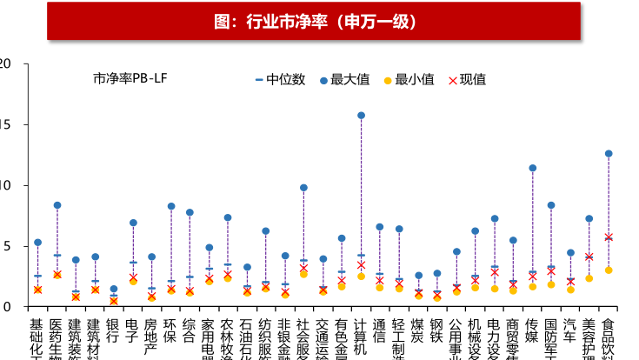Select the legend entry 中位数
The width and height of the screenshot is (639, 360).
tap(280, 79)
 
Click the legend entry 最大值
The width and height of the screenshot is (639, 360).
tap(346, 79)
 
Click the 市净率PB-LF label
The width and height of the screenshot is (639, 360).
tap(130, 79)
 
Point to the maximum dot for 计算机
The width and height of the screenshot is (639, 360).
tap(361, 115)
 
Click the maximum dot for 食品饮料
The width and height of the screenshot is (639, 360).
tap(609, 153)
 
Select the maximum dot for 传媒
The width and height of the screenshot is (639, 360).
tap(532, 168)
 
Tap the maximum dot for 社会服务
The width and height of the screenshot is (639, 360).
tap(303, 187)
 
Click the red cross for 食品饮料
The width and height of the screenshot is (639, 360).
tap(609, 237)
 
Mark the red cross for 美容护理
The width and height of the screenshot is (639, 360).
tap(589, 257)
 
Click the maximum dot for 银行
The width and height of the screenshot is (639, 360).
tap(114, 289)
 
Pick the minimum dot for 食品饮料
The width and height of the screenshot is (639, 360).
tap(609, 270)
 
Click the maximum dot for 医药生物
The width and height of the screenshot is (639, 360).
tap(57, 205)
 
